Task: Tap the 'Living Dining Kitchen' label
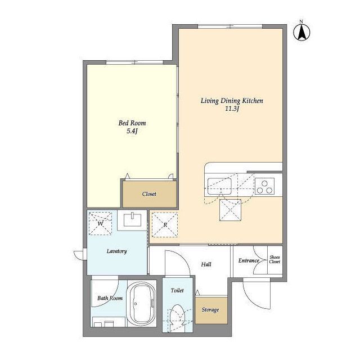(x=232, y=101)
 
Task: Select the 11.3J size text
(x=232, y=109)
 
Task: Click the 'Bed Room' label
(x=132, y=123)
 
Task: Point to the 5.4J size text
(x=132, y=131)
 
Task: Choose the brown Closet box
(x=150, y=194)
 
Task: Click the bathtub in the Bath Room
(x=141, y=304)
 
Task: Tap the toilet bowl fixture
(x=178, y=316)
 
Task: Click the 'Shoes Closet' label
(x=275, y=259)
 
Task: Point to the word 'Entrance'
(x=249, y=260)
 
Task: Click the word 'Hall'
(x=206, y=264)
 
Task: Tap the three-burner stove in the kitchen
(x=264, y=186)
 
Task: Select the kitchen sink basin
(x=219, y=186)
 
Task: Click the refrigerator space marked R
(x=165, y=225)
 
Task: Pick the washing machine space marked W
(x=100, y=223)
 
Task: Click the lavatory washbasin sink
(x=132, y=220)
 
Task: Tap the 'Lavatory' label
(x=116, y=251)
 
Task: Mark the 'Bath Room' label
(x=110, y=298)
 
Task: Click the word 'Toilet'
(x=177, y=291)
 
